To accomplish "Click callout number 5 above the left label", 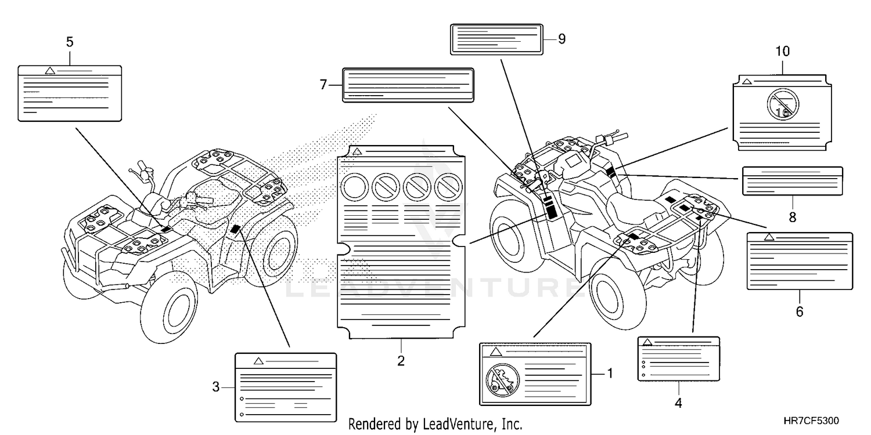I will (x=70, y=42).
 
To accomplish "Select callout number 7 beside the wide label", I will (x=324, y=85).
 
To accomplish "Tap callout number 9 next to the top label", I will (x=562, y=39).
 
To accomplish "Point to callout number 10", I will (x=782, y=51).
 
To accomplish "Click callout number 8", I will (x=793, y=217).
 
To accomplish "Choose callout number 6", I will (x=799, y=311).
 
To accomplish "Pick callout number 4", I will (x=678, y=401).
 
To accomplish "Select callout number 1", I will (x=610, y=373).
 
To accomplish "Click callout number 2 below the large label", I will (x=401, y=361).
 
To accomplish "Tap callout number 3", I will (x=215, y=386).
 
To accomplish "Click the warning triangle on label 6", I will (x=769, y=237).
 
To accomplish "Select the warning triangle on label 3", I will (x=259, y=361).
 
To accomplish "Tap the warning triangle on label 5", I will (x=50, y=71).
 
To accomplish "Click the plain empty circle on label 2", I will (x=354, y=187).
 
